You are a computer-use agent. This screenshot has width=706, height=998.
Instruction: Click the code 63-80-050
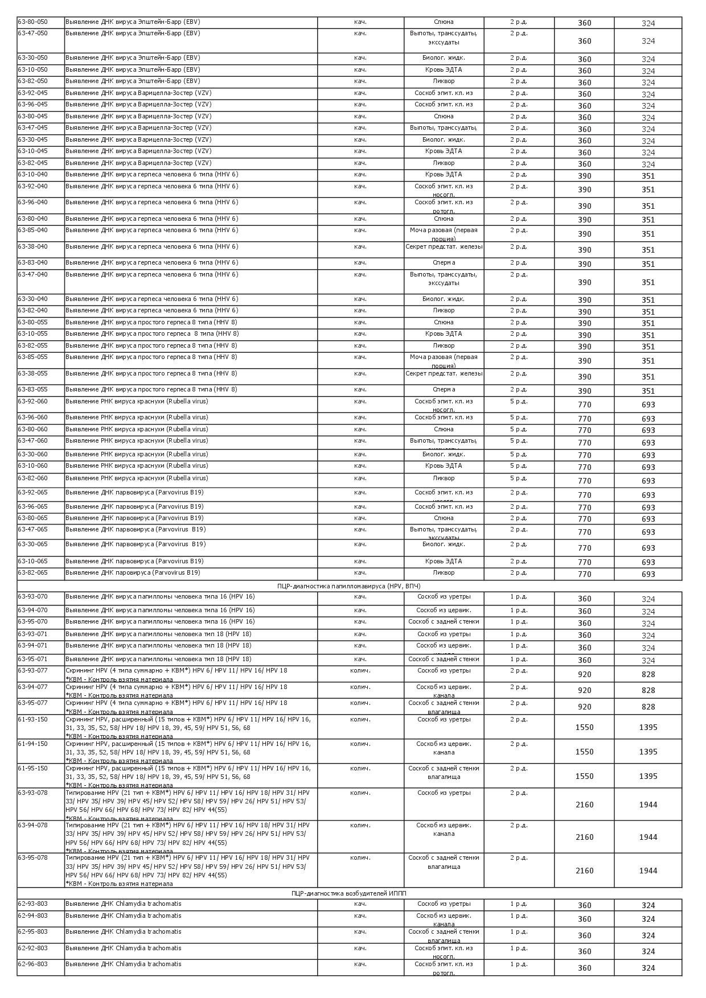point(33,22)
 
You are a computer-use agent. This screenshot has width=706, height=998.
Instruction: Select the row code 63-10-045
point(33,151)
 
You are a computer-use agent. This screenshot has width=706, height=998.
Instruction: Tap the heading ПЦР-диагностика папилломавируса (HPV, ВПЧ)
point(349,586)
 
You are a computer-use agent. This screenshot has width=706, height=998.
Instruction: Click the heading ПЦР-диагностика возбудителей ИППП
point(349,893)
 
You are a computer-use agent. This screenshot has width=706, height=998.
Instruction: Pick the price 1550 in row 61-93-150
point(584,727)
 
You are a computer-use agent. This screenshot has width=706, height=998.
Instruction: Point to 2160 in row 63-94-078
point(584,837)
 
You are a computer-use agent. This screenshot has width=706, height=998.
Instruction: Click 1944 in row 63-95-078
point(648,871)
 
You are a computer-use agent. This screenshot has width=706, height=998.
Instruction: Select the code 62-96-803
point(33,964)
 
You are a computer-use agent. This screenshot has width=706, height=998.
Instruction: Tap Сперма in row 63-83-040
point(444,263)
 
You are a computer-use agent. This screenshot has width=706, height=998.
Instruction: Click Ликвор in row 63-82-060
point(444,479)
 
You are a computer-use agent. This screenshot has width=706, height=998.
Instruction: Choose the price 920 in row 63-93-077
point(584,674)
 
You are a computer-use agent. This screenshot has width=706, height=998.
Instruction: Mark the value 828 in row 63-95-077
point(648,707)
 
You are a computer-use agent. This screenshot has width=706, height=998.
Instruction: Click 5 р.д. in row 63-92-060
point(518,402)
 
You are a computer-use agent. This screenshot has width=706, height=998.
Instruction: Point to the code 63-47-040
point(33,275)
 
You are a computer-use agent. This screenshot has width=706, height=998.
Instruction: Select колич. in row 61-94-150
point(360,744)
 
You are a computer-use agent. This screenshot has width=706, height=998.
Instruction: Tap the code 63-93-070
point(33,597)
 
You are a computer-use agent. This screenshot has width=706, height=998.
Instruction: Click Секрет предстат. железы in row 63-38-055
point(444,374)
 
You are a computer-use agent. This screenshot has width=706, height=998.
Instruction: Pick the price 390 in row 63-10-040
point(584,176)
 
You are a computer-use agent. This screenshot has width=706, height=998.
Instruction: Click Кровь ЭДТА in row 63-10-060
point(444,466)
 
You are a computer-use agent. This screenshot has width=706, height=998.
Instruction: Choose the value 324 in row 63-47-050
point(648,41)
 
